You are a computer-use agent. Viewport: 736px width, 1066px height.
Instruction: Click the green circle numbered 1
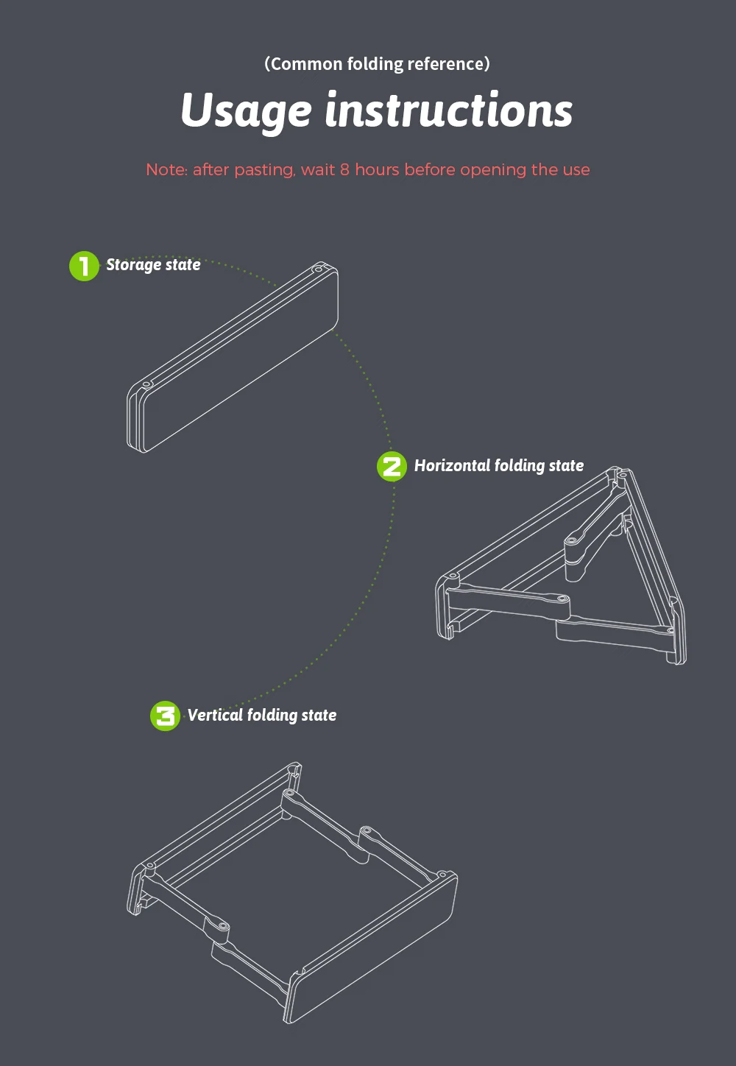[84, 266]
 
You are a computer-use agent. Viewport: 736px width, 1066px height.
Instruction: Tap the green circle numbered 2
[392, 467]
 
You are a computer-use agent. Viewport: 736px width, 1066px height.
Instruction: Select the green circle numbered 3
[165, 716]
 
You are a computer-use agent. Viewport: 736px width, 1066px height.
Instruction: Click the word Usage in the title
[246, 111]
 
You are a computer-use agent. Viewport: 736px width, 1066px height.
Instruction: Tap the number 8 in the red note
[344, 170]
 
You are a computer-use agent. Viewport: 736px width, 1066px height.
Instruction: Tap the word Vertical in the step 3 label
[215, 715]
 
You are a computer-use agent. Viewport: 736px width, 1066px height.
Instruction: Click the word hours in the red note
[377, 169]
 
